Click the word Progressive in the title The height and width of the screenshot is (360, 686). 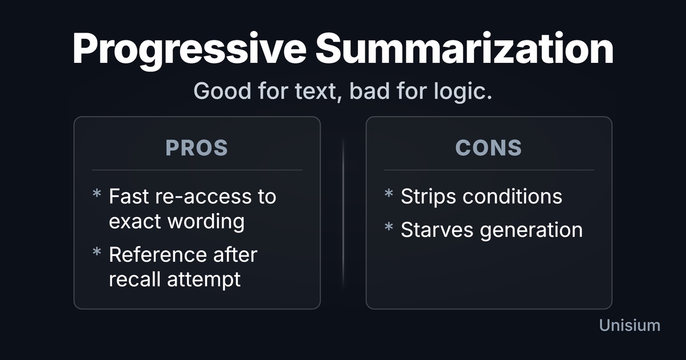(189, 50)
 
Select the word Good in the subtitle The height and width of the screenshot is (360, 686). (222, 91)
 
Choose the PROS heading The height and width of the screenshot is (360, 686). (197, 148)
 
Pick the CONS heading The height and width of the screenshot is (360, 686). (488, 148)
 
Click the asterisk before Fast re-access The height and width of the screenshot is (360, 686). (97, 194)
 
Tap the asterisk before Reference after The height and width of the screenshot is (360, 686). (97, 252)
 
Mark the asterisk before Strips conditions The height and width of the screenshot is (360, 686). (389, 194)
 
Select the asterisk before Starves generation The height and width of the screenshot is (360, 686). (389, 227)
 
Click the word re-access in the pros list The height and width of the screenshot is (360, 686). (204, 197)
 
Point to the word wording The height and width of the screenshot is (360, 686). (206, 222)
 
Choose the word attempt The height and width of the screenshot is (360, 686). (204, 280)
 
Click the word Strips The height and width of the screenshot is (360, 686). (428, 197)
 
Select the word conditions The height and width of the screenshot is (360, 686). (512, 196)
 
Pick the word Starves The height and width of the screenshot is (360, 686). (437, 230)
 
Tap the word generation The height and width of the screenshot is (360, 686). (531, 230)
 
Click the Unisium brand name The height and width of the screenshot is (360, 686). (629, 325)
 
